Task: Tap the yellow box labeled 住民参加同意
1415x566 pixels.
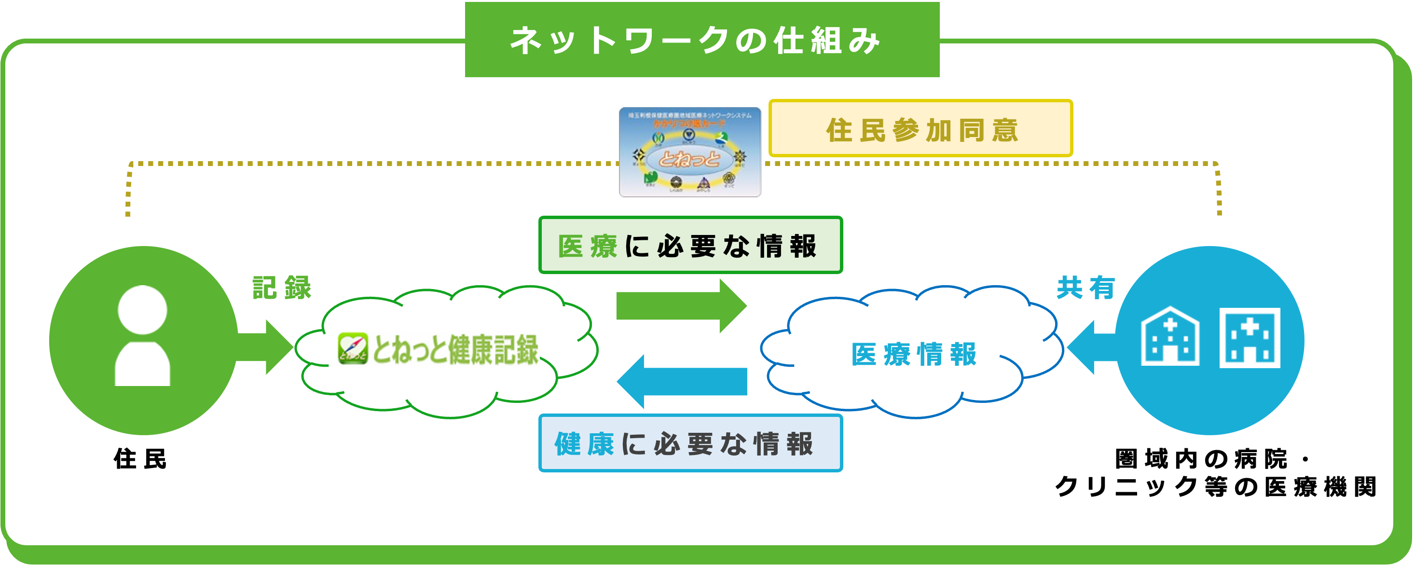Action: [920, 128]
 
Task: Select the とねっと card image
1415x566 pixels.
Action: [690, 152]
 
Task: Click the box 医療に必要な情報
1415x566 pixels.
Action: [690, 245]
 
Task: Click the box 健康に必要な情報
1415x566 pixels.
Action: [690, 443]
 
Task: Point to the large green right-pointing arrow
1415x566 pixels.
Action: [681, 306]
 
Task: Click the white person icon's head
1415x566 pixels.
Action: [142, 309]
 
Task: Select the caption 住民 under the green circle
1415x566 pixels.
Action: [140, 459]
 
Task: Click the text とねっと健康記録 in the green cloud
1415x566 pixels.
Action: [455, 349]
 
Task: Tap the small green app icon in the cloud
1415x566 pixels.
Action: [353, 348]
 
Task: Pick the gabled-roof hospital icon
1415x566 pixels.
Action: [1170, 337]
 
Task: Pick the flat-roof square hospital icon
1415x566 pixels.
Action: [1250, 337]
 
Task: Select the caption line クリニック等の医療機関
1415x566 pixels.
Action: [1216, 487]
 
